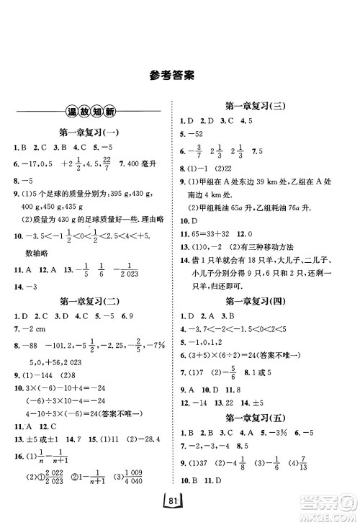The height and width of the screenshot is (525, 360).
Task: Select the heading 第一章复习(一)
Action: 90,133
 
